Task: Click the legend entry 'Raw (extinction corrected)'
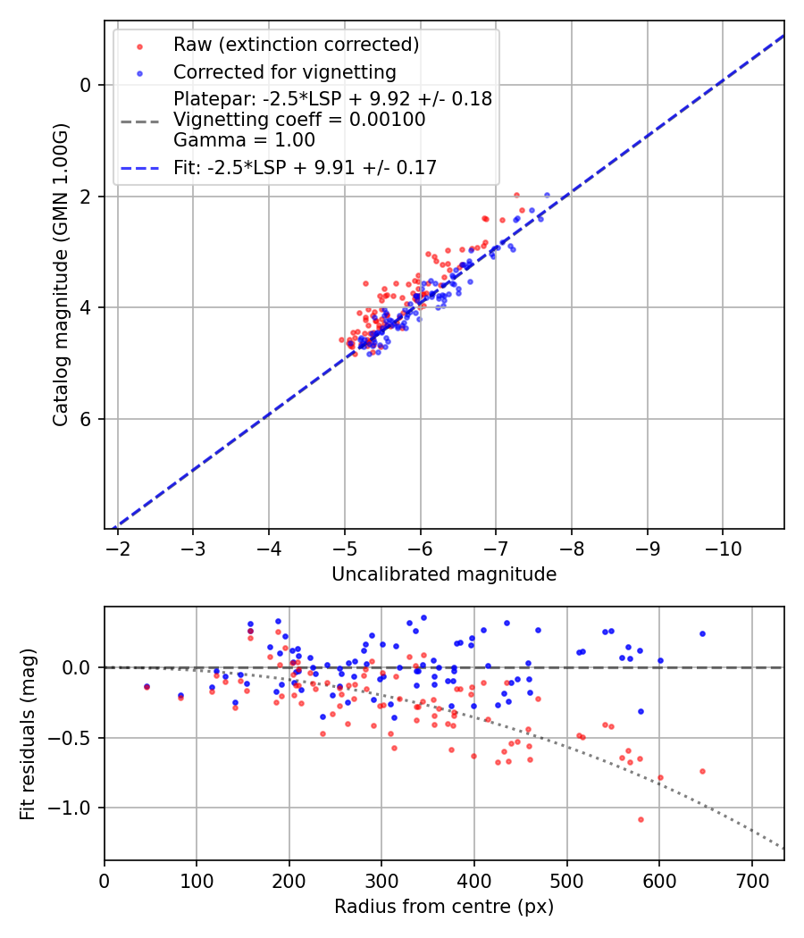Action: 296,45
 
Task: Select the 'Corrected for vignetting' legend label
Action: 284,71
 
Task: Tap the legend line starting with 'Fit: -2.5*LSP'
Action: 305,167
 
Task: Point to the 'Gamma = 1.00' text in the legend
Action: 244,139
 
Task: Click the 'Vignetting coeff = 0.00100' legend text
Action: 299,120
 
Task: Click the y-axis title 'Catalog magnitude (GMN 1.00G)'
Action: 61,272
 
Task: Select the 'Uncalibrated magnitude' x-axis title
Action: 444,574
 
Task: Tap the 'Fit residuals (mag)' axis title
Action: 28,733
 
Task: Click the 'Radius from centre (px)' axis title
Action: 444,907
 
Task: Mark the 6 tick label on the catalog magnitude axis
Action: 86,419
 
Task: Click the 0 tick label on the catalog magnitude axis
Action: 86,85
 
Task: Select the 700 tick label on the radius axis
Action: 751,880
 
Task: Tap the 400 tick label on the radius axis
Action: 474,880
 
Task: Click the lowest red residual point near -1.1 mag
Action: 641,819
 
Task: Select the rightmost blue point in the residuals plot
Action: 702,633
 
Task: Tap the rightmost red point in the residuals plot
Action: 702,771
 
